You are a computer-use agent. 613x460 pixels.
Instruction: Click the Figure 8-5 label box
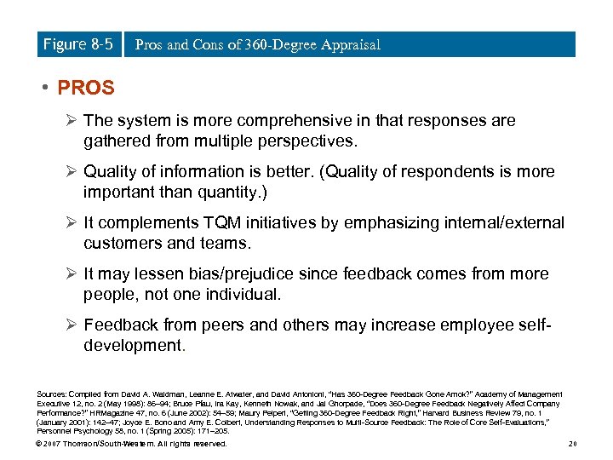[77, 44]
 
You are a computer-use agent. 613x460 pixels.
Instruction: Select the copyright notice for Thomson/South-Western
[132, 444]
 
